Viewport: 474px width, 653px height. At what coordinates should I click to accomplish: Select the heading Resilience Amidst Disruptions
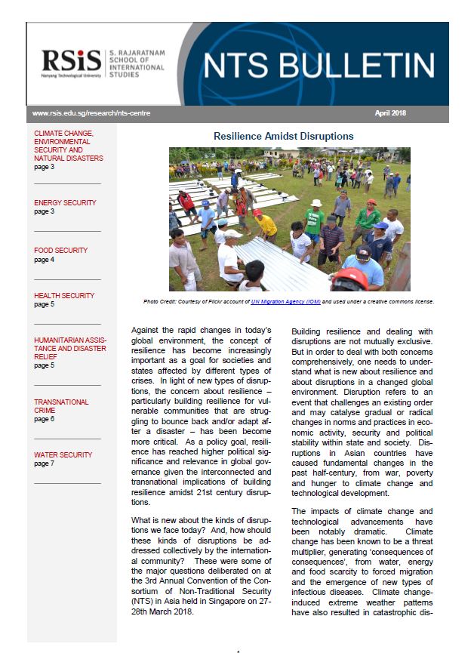[284, 137]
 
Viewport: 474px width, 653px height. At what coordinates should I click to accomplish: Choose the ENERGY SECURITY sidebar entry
[65, 203]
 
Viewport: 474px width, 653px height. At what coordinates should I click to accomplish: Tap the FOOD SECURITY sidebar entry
[60, 250]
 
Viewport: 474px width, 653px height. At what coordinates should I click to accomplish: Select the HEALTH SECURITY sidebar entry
[64, 295]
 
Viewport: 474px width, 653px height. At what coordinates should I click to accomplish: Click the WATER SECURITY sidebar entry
[63, 455]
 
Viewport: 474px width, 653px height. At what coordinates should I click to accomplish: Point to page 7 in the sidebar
[44, 464]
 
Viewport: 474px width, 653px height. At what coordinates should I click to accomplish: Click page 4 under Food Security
[44, 259]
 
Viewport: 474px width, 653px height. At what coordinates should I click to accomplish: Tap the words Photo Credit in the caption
[160, 301]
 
